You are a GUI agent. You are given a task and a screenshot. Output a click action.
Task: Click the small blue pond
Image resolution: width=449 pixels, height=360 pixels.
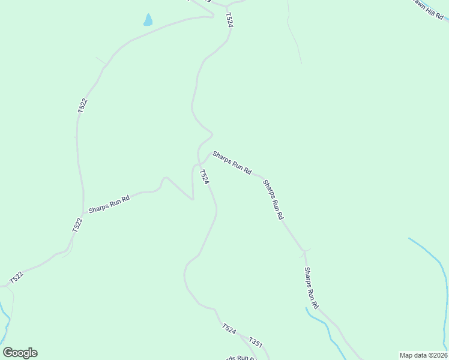point(148,20)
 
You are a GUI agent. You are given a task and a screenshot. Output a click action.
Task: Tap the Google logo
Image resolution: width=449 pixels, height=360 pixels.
point(20,353)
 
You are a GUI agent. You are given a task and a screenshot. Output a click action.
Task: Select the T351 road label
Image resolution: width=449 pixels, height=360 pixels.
point(256,343)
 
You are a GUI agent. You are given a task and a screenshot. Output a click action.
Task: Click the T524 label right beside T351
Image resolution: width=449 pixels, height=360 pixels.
point(229,329)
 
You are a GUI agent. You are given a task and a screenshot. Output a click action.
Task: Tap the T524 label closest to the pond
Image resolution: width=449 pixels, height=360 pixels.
point(229,19)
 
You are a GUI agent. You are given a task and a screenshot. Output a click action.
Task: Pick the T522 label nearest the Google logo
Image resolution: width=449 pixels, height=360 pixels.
point(16,278)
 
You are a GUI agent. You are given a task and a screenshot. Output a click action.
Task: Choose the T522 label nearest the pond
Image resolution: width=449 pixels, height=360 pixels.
point(82,106)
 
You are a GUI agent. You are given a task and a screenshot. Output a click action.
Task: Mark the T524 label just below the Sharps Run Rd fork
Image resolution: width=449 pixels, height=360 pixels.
point(205,177)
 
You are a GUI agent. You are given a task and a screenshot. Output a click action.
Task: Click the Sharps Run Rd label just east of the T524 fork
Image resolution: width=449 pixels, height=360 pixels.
point(232,162)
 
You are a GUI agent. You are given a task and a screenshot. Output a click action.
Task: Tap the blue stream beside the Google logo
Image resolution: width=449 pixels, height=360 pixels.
point(6,324)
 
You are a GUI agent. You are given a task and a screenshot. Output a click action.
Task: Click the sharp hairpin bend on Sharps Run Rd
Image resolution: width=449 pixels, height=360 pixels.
point(193,199)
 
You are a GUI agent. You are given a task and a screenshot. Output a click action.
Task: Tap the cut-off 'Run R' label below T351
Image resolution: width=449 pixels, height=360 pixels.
point(246,358)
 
